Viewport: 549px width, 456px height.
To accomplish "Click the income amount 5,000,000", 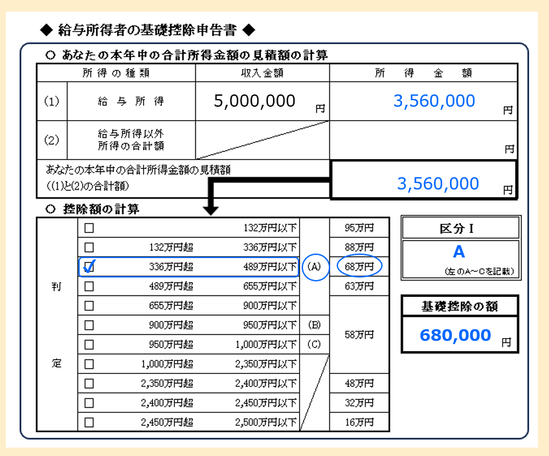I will pos(254,101).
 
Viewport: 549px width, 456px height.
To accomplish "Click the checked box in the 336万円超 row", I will pos(89,266).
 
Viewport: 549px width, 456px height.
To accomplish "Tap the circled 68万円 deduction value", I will pos(359,266).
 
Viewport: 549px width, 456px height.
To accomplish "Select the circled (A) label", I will pos(314,266).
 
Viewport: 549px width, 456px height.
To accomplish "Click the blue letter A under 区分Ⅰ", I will pos(459,252).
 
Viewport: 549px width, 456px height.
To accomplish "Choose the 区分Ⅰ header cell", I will pos(460,228).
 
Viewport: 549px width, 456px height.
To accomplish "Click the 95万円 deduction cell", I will pos(359,228).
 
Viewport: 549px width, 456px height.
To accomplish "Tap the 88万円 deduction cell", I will pos(359,247).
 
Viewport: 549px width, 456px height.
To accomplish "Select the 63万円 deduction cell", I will pos(359,286).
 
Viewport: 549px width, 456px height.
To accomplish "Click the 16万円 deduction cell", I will pos(359,422).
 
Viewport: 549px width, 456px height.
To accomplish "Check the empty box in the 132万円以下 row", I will pos(89,228).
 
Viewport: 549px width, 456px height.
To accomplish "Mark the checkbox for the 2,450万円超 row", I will pos(89,422).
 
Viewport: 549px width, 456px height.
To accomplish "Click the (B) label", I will pos(314,325).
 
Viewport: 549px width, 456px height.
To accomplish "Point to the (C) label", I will pos(314,344).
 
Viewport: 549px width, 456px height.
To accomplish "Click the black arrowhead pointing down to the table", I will pos(211,210).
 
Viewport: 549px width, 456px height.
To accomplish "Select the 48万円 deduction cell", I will pos(359,383).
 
